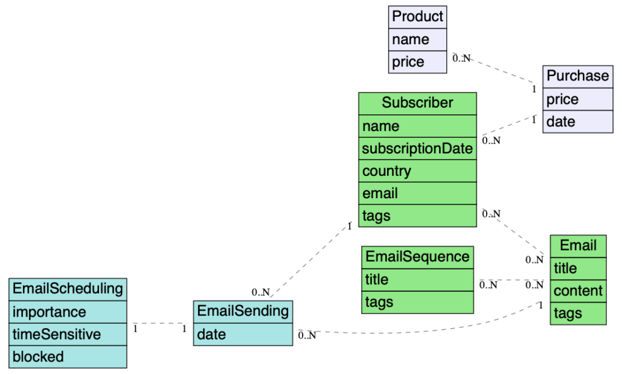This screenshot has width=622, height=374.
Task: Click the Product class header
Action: [x=417, y=16]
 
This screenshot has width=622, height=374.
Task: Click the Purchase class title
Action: [x=577, y=76]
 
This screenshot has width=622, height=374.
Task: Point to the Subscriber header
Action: [x=417, y=103]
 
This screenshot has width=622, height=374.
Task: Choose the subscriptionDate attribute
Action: [x=417, y=148]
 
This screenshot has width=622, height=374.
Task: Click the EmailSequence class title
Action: [x=417, y=257]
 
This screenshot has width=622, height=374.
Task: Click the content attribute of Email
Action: [x=578, y=291]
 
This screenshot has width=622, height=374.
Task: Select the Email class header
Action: [x=578, y=245]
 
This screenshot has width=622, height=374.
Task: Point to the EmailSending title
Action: [x=243, y=312]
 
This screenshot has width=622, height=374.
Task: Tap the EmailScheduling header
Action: [x=68, y=289]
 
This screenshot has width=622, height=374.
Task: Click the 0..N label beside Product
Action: [x=461, y=58]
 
